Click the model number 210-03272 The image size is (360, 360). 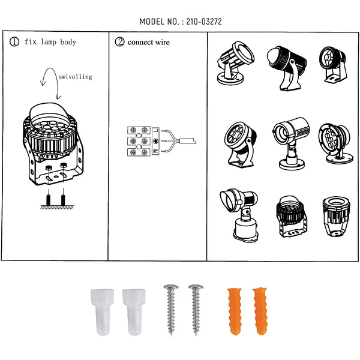click(x=204, y=22)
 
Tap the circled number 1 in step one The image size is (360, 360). click(x=14, y=42)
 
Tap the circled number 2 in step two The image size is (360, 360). click(x=119, y=42)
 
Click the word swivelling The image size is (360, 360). click(x=75, y=77)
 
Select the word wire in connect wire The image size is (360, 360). click(x=163, y=42)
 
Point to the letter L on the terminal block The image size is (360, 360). click(x=156, y=130)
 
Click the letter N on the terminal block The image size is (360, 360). click(x=156, y=151)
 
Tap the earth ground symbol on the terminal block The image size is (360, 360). click(x=156, y=141)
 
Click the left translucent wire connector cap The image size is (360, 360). click(x=102, y=312)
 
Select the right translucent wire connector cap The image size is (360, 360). click(x=134, y=312)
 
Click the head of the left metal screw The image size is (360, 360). click(x=171, y=287)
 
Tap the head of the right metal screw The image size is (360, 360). click(x=196, y=287)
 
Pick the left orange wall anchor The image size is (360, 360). click(x=235, y=311)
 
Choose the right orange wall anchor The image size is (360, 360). click(x=260, y=311)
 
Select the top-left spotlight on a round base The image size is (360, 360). click(x=235, y=64)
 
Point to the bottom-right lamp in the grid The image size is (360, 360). click(x=336, y=216)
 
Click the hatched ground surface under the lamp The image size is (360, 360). click(x=57, y=208)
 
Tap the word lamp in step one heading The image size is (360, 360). click(x=49, y=42)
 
